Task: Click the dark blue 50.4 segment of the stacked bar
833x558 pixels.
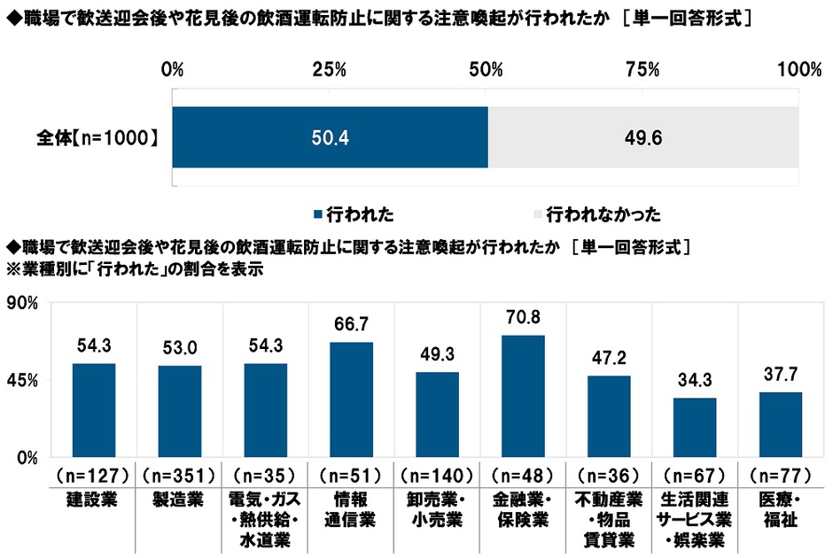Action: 330,137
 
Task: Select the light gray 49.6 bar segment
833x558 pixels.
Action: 643,137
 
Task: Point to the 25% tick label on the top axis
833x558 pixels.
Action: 329,70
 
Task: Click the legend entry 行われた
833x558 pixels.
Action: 354,213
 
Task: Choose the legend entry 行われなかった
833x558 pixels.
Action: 603,213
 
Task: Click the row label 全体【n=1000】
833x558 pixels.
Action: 98,137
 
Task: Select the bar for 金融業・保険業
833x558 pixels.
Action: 523,396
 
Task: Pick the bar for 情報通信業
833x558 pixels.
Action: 352,399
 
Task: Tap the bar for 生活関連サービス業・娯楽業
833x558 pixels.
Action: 695,427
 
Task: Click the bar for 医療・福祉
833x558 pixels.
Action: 781,424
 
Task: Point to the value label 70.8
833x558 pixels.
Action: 523,317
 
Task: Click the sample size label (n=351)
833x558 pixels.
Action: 180,474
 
